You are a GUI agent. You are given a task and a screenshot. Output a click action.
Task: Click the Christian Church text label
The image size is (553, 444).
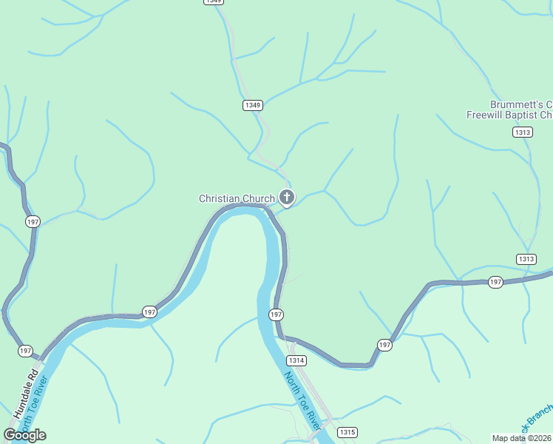pos(236,198)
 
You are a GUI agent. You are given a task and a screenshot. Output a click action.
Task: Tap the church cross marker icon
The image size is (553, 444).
pos(287,198)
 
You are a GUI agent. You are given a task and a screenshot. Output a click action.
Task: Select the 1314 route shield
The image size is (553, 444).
pos(296,360)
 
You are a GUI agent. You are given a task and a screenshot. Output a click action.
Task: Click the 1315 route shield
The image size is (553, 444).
pos(347,431)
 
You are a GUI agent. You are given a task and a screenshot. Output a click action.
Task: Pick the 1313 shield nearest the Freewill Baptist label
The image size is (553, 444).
pos(522,132)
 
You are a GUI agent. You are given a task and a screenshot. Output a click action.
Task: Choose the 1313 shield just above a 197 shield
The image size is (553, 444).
pos(526,258)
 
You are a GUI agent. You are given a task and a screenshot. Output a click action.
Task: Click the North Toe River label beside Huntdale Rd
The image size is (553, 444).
pos(35,407)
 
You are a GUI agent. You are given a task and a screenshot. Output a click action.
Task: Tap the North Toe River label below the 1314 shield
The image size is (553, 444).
pos(304,400)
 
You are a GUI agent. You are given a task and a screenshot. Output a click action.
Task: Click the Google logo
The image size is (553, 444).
pos(24,434)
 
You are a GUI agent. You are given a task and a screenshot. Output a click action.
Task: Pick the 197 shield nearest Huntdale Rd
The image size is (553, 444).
pos(26,350)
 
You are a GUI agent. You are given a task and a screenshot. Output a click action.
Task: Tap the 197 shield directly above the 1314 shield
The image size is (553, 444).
pos(276,314)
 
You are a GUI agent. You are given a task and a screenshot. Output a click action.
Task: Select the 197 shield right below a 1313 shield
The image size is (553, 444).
pos(495,282)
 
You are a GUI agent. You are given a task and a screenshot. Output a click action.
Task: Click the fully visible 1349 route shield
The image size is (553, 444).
pos(252,105)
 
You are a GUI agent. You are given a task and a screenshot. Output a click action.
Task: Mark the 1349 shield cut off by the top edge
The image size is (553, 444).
pos(213,2)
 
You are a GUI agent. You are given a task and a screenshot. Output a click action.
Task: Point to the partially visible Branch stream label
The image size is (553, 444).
pos(537,419)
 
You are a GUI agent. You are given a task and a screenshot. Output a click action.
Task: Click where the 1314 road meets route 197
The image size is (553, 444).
pos(284,338)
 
